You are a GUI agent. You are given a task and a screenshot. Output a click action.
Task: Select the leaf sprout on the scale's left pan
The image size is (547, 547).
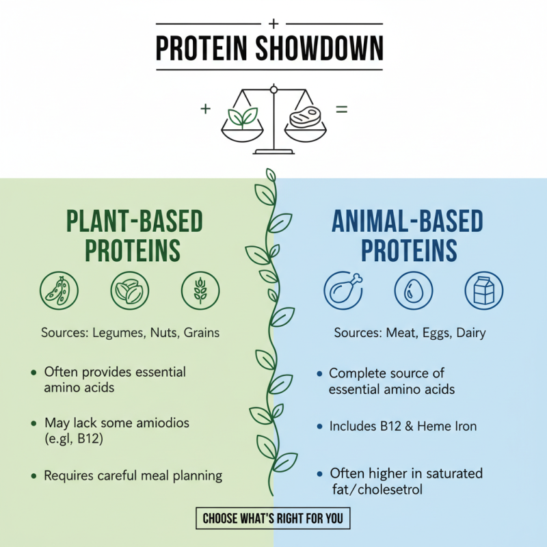tap(243, 118)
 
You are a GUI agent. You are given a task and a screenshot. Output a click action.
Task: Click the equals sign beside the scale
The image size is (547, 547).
tap(341, 109)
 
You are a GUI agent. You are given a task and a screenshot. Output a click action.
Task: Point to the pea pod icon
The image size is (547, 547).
tap(59, 291)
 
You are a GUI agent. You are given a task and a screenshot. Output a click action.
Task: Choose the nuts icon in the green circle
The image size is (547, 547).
tap(130, 291)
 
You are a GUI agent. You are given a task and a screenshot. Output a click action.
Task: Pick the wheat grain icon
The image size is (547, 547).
tap(200, 291)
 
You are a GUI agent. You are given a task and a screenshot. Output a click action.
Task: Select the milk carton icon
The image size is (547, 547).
tap(484, 291)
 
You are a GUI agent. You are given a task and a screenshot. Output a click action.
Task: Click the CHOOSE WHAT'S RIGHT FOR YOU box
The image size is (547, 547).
tap(273, 518)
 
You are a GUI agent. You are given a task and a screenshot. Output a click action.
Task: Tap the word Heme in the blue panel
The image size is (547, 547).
tap(438, 426)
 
